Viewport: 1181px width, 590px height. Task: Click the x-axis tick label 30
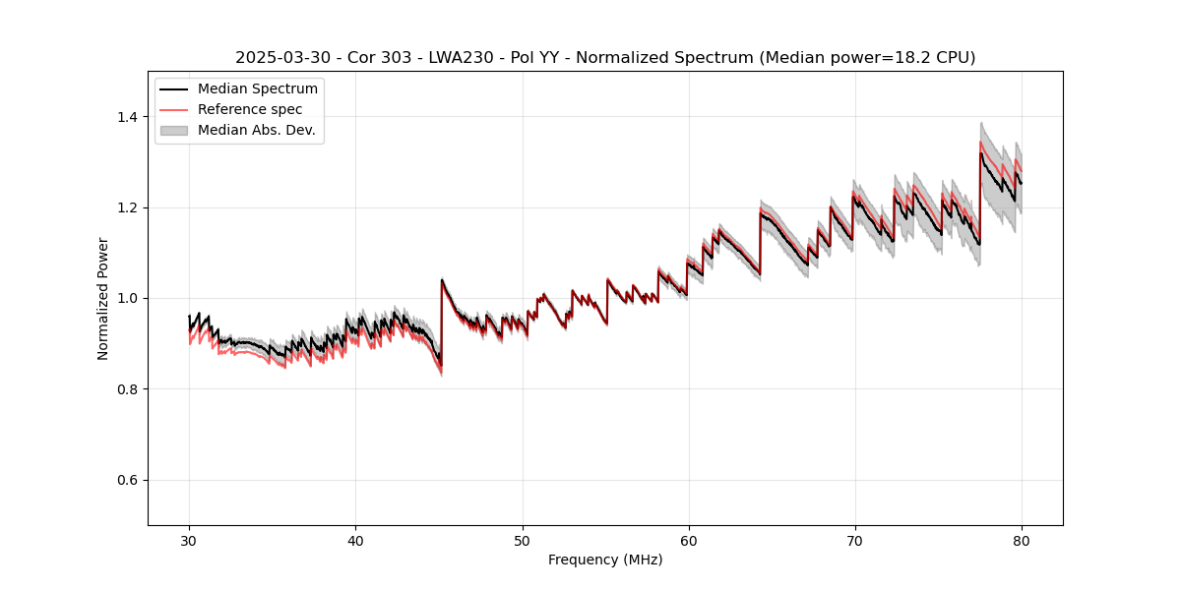pyautogui.click(x=190, y=541)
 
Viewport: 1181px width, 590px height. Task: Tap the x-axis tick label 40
pyautogui.click(x=356, y=541)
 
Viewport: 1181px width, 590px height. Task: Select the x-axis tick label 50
pyautogui.click(x=523, y=541)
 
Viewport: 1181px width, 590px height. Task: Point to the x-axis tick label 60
pyautogui.click(x=689, y=541)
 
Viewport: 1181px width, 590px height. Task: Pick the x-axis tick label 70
pyautogui.click(x=855, y=541)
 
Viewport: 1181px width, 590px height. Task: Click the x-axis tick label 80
pyautogui.click(x=1022, y=541)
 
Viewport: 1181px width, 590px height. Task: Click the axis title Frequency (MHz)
pyautogui.click(x=605, y=560)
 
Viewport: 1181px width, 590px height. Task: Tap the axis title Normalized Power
pyautogui.click(x=103, y=298)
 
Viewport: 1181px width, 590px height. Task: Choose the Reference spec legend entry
pyautogui.click(x=250, y=109)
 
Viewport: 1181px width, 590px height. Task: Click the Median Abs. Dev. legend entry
pyautogui.click(x=256, y=130)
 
